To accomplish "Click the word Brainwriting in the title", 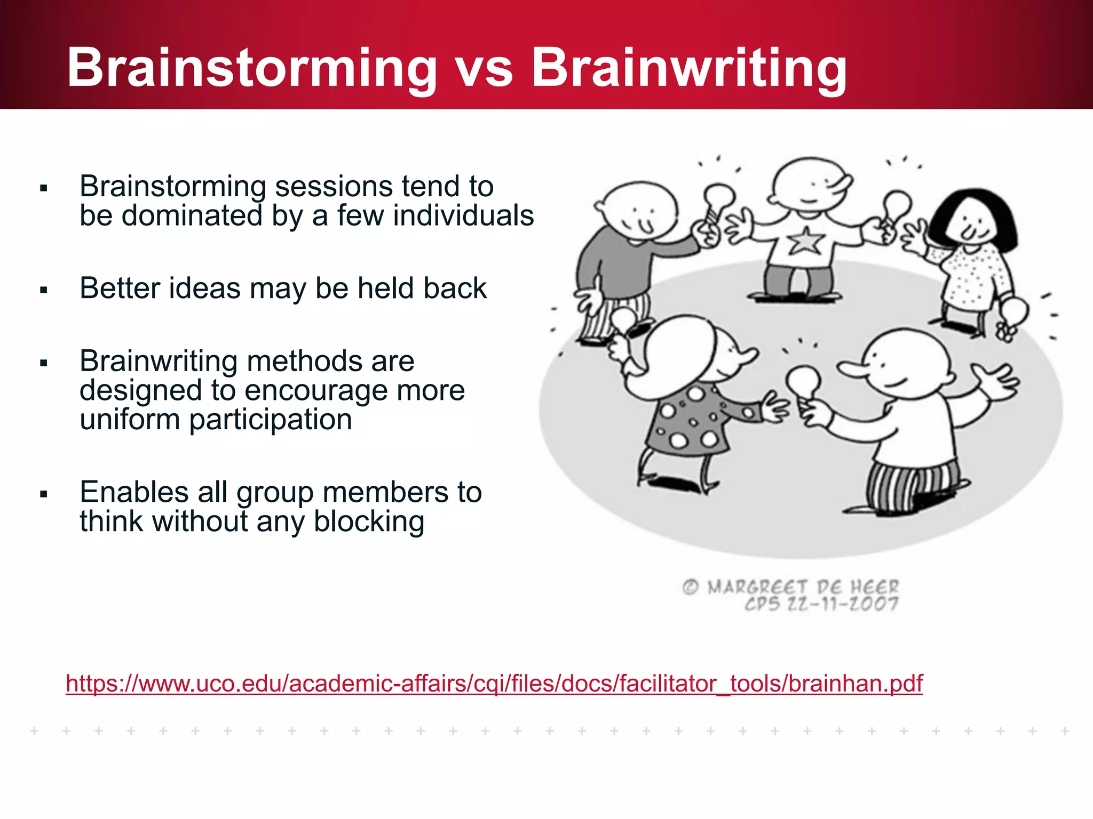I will pyautogui.click(x=689, y=68).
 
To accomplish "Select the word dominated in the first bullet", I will pyautogui.click(x=192, y=215).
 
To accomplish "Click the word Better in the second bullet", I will pyautogui.click(x=120, y=288).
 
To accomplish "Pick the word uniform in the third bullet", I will pyautogui.click(x=129, y=420).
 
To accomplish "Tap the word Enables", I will pyautogui.click(x=133, y=492).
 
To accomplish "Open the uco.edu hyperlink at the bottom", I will pyautogui.click(x=494, y=683).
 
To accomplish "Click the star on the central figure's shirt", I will pyautogui.click(x=805, y=242).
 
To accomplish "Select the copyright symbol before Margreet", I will pyautogui.click(x=690, y=587).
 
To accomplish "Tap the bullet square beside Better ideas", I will pyautogui.click(x=44, y=290).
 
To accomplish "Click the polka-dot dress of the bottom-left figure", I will pyautogui.click(x=688, y=421).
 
